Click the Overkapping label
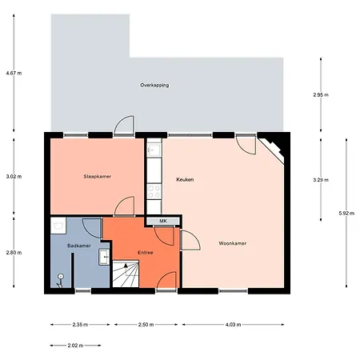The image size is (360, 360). [x=154, y=85]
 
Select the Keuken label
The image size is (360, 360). [x=186, y=180]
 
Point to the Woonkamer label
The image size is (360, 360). [x=232, y=243]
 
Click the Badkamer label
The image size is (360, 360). [x=78, y=246]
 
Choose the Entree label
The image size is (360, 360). [x=145, y=253]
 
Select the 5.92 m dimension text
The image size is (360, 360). [x=346, y=213]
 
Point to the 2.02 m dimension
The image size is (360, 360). [x=76, y=346]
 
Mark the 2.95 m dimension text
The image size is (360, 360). [x=321, y=94]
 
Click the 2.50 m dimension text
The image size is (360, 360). [x=145, y=325]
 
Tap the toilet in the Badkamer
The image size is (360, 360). [x=59, y=278]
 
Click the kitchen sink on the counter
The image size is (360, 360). [x=154, y=150]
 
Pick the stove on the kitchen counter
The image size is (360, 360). [x=153, y=192]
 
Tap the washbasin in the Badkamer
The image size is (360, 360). [x=103, y=258]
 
